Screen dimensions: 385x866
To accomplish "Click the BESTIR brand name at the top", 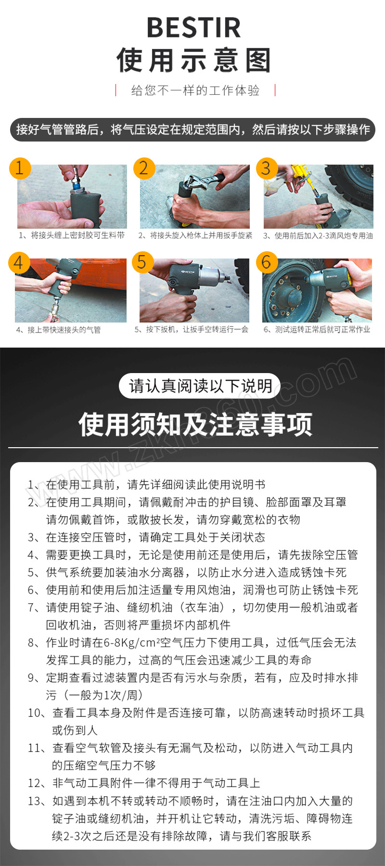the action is point(193,27).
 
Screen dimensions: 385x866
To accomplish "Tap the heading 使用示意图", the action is point(193,60).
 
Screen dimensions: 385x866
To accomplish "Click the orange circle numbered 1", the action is point(20,168).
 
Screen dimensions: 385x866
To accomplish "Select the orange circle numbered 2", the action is point(143,168).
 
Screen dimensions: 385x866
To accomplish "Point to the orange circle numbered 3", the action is point(266,168).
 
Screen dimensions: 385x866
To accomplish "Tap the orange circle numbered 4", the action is point(19,262).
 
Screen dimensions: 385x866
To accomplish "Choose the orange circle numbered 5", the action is point(142,262).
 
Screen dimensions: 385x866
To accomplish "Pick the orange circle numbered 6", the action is point(266,262).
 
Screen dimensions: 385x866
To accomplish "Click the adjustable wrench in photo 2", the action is point(202,181).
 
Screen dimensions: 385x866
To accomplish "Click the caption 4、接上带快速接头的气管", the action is point(58,330).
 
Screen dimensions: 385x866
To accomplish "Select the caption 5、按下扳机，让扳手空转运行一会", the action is point(192,330).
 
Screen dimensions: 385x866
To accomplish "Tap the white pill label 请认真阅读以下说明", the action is point(199,386).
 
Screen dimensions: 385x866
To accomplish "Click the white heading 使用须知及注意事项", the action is point(195,425).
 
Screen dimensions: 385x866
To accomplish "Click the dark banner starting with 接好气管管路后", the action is point(192,129).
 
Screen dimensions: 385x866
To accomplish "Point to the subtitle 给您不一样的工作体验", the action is point(195,90).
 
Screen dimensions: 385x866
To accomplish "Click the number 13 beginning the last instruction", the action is point(34,801).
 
